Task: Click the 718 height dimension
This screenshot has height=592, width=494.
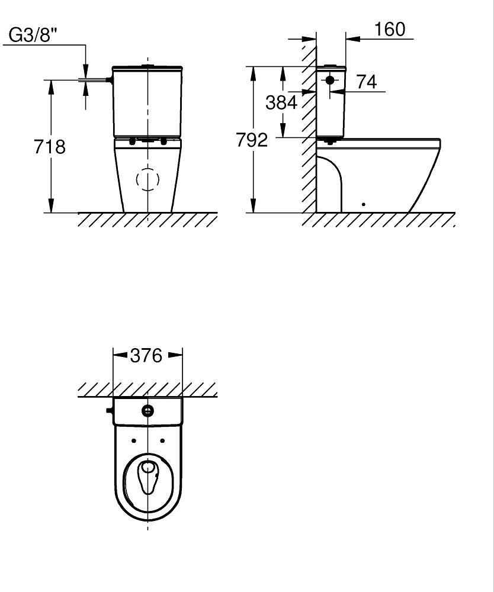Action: pos(50,146)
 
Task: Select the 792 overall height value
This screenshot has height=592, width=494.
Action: pos(252,140)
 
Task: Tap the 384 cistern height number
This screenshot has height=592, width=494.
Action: pos(281,102)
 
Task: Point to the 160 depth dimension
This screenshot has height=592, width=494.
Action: pos(390,29)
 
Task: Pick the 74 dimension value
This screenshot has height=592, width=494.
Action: pos(367,82)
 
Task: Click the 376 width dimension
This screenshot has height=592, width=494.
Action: pos(146,355)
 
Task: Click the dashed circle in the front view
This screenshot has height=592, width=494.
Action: pos(147,179)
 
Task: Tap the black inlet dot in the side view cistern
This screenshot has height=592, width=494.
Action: pos(330,80)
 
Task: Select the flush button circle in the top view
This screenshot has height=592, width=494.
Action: pos(147,411)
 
